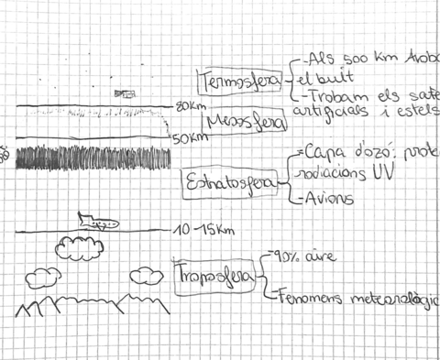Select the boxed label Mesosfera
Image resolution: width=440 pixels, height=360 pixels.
[245, 122]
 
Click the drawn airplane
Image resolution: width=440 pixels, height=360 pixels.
[95, 221]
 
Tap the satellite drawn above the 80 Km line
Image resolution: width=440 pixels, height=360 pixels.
[123, 93]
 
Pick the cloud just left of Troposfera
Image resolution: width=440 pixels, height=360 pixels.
[146, 275]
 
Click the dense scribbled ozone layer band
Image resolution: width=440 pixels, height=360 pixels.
[92, 155]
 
